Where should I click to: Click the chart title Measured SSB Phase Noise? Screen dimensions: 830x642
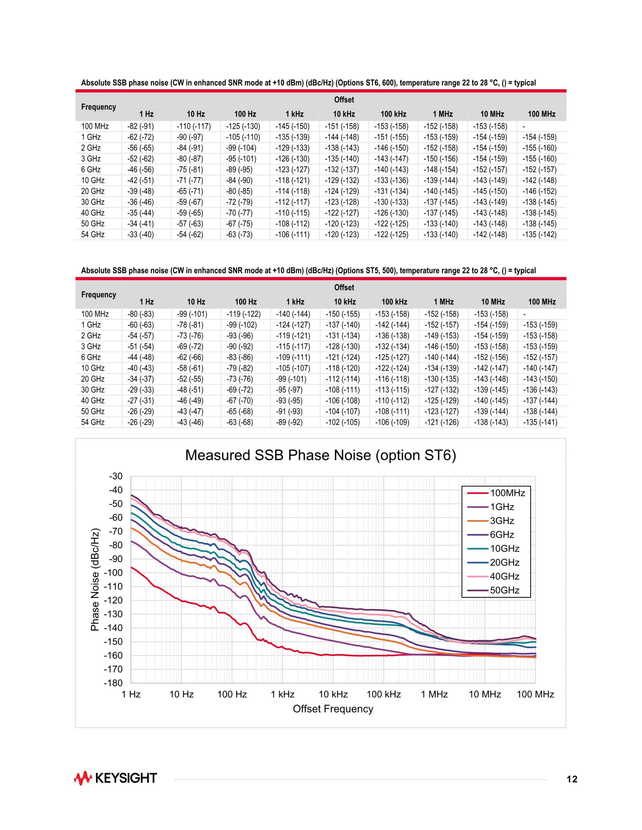point(320,455)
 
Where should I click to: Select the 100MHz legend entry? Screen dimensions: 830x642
point(507,493)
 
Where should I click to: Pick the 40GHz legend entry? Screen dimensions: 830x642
point(504,576)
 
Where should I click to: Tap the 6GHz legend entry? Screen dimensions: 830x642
point(502,535)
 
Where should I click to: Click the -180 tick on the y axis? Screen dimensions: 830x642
point(113,683)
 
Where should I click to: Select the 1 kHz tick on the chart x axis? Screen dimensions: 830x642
point(283,695)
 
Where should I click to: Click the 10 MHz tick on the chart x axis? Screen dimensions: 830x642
point(485,695)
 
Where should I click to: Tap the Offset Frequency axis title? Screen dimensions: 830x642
point(333,709)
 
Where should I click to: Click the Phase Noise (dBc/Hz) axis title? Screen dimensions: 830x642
point(95,579)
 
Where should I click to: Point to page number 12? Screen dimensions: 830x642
point(572,780)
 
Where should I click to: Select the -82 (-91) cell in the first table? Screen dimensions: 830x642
point(140,127)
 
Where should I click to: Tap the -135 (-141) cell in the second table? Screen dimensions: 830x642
point(540,422)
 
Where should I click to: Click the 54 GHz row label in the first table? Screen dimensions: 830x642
point(93,235)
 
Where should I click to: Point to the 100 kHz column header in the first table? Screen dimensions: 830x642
point(393,114)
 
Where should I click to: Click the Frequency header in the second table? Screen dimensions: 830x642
point(99,294)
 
